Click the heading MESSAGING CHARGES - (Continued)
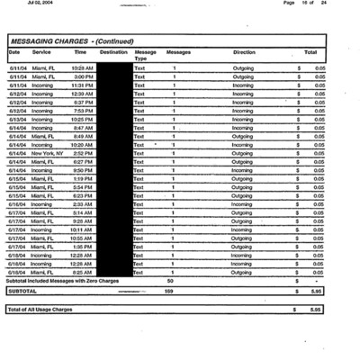(x=71, y=41)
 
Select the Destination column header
(x=113, y=53)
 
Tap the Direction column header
(x=243, y=53)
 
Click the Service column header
(x=41, y=53)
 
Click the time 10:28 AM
(x=82, y=68)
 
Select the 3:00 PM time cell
(x=84, y=77)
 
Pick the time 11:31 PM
(x=82, y=85)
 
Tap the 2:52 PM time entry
(x=84, y=153)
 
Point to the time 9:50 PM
(x=84, y=170)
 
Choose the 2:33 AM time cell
(x=84, y=204)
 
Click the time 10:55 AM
(x=82, y=238)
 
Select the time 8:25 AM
(x=84, y=272)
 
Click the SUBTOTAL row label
(x=22, y=292)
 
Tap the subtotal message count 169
(x=168, y=292)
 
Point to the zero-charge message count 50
(x=170, y=281)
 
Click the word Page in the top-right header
(x=290, y=4)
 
